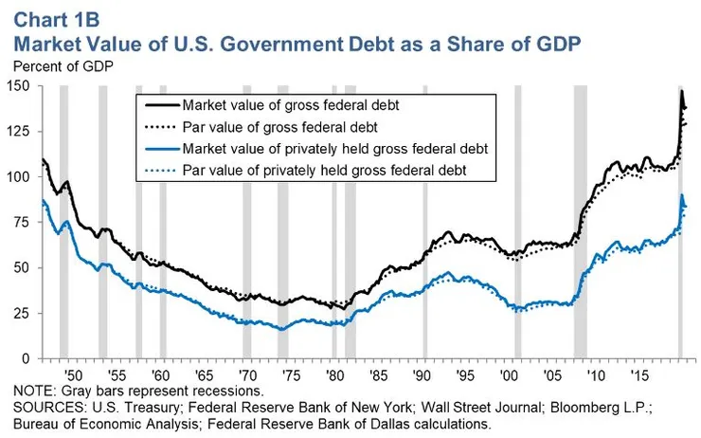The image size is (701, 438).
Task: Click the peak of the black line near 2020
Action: pos(681,91)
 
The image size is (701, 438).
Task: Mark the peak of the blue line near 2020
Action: pos(682,195)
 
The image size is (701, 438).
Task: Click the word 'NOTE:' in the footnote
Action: pos(35,392)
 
